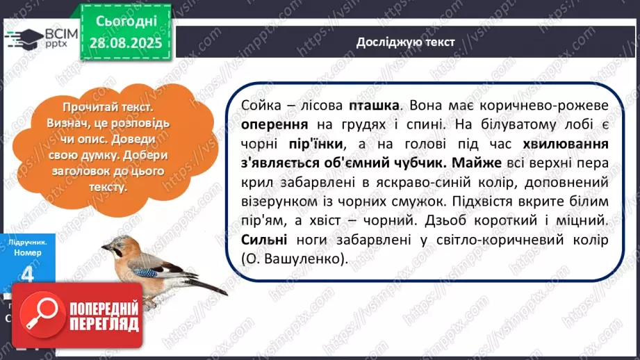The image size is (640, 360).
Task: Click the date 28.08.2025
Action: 126,42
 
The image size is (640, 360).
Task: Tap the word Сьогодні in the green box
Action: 126,21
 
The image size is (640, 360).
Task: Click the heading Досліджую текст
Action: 405,42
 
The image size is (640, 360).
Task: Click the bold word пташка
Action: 374,106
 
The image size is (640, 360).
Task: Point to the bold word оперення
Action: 274,124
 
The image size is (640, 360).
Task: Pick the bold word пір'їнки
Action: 316,144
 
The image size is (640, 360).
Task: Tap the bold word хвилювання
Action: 566,144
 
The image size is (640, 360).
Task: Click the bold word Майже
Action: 477,163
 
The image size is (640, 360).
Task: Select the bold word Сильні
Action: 264,240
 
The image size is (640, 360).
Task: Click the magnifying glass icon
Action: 42,314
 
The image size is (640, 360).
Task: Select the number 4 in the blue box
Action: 27,274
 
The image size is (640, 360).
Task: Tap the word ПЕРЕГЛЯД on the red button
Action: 104,324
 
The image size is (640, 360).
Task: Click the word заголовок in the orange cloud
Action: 78,171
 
